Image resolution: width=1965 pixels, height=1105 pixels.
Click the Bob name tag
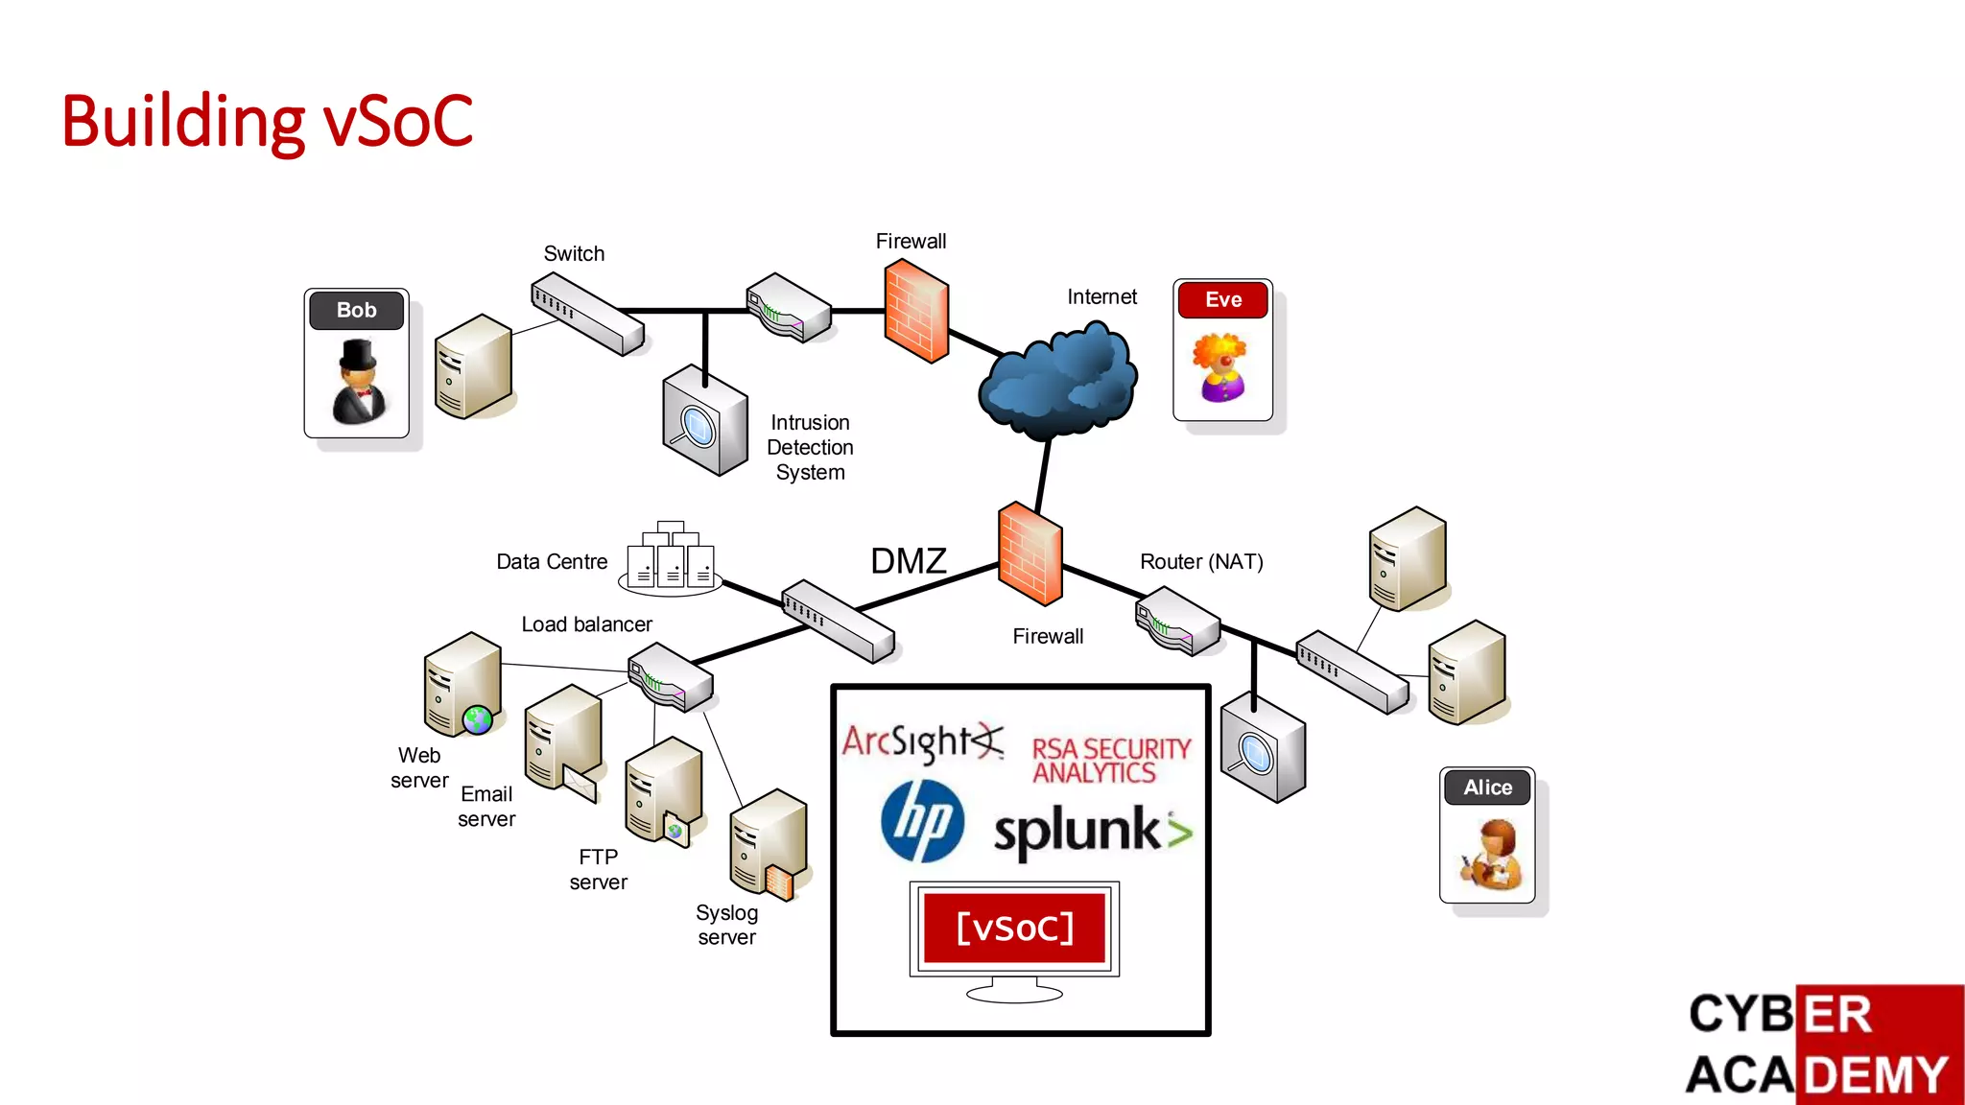(356, 310)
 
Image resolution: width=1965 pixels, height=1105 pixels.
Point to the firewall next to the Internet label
(916, 311)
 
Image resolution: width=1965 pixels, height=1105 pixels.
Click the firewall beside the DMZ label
(1030, 554)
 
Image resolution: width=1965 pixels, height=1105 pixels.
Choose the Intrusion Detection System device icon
(704, 421)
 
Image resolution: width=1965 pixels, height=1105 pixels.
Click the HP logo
(922, 820)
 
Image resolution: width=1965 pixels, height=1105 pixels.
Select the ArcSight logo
(922, 741)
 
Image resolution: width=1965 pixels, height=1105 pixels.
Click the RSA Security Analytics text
(1110, 761)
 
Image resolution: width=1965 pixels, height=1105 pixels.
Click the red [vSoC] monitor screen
(1014, 928)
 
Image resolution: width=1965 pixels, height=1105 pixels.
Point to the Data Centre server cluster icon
(670, 559)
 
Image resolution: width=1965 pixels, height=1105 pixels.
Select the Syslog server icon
(769, 844)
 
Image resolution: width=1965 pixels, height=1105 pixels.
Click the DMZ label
(908, 561)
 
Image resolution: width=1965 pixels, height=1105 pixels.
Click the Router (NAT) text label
(1201, 562)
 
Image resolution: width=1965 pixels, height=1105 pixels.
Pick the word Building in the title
(182, 122)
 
